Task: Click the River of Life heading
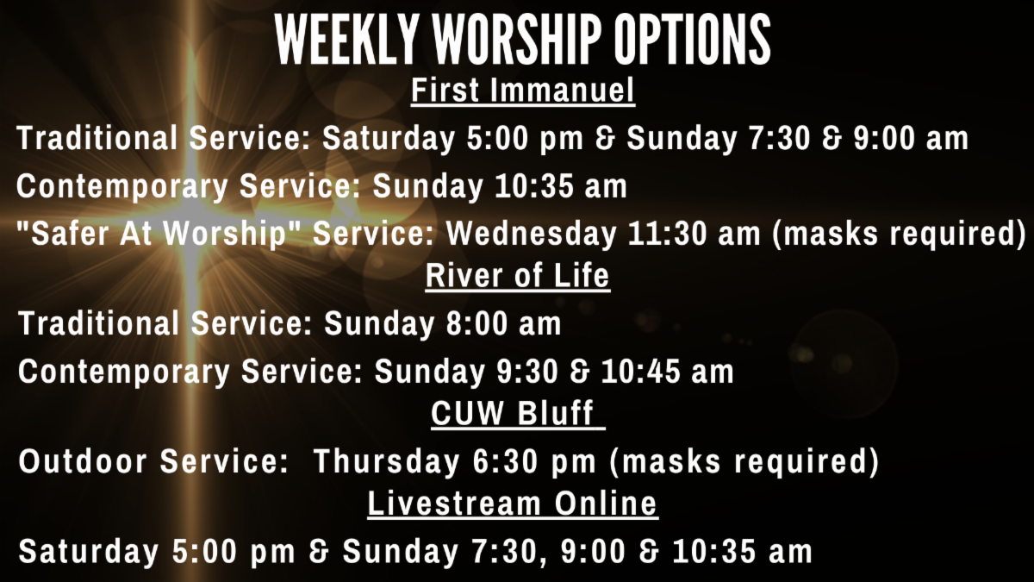518,276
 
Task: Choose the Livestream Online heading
513,504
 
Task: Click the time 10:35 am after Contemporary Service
561,186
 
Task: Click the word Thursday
387,461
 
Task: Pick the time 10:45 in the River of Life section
641,372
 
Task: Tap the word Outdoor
83,461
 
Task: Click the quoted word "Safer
62,234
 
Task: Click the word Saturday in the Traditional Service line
389,139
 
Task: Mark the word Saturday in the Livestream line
89,552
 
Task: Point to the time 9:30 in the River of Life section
527,372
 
